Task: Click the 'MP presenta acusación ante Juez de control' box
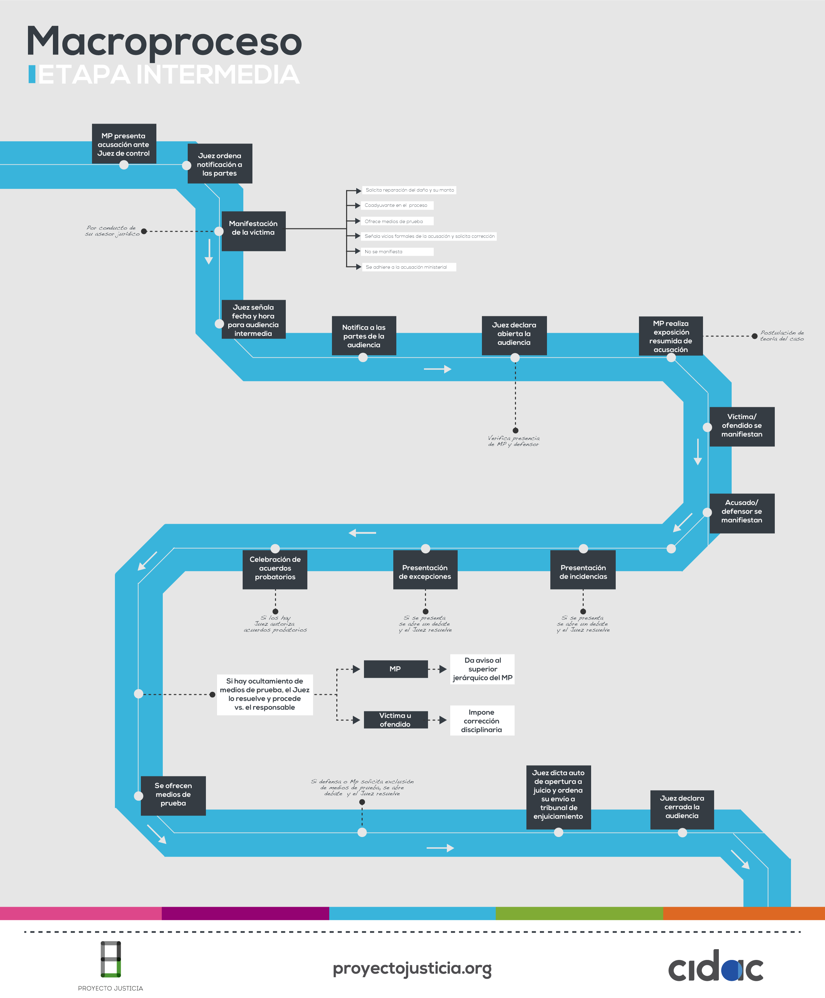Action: pyautogui.click(x=124, y=144)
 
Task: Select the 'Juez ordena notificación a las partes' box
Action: pyautogui.click(x=219, y=164)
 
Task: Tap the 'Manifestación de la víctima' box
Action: pyautogui.click(x=253, y=230)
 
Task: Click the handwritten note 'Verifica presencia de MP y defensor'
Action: pyautogui.click(x=513, y=441)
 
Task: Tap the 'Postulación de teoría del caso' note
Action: pyautogui.click(x=782, y=336)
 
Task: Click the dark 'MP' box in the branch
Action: pyautogui.click(x=395, y=669)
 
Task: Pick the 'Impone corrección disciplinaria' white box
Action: pyautogui.click(x=482, y=720)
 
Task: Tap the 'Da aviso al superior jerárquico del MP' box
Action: pyautogui.click(x=482, y=669)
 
